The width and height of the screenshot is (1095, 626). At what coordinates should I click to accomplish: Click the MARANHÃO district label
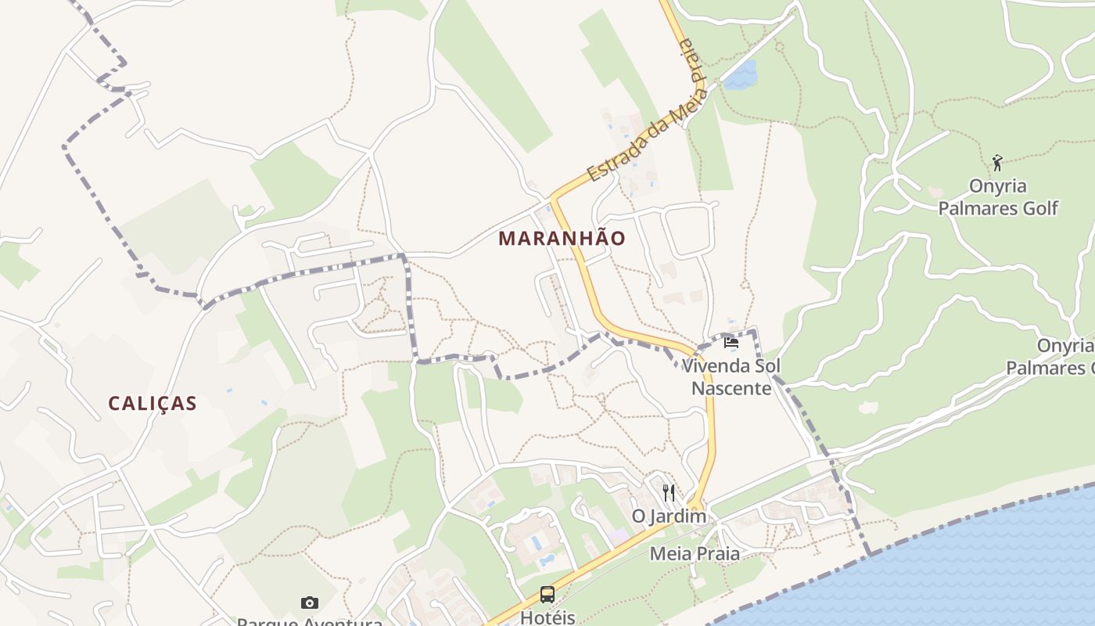(x=562, y=238)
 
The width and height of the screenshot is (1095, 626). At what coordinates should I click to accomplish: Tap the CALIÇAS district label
(x=153, y=403)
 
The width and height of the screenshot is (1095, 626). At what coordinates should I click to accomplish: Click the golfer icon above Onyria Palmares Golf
(x=997, y=163)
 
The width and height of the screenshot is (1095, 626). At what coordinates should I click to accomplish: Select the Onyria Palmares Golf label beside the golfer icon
(x=997, y=197)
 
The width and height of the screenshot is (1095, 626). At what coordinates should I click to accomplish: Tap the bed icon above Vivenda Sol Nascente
(x=731, y=342)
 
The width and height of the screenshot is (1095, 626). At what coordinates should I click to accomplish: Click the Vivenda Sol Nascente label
(x=731, y=376)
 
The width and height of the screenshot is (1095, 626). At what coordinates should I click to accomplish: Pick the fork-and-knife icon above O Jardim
(x=669, y=492)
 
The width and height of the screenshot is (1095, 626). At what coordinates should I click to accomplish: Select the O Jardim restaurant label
(x=669, y=516)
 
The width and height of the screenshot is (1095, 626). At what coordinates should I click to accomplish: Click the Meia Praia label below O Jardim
(x=695, y=554)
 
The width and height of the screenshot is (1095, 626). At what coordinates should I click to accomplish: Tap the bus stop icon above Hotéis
(x=547, y=595)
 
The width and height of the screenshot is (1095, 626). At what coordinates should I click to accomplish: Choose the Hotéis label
(x=547, y=617)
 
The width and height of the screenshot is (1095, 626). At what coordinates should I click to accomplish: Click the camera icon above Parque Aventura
(x=310, y=603)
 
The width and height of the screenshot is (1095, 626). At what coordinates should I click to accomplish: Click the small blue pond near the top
(x=741, y=75)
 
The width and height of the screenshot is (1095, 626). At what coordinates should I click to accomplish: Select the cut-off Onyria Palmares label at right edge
(x=1052, y=357)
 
